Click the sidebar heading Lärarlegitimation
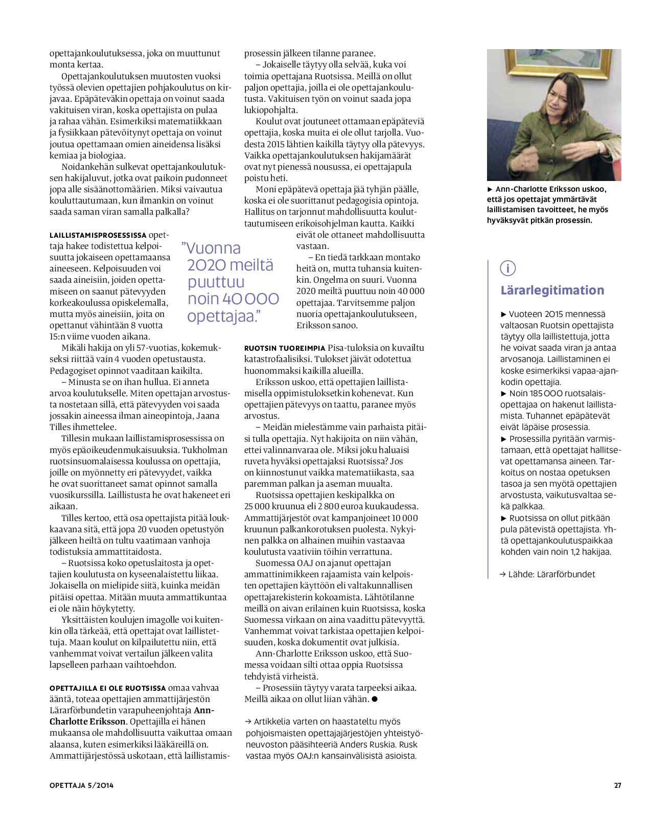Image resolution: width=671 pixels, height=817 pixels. tap(552, 290)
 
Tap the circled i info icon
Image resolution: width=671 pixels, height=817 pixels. tap(508, 268)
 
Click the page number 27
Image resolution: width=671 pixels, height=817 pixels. tap(617, 785)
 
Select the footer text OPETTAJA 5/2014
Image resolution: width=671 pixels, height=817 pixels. tap(81, 785)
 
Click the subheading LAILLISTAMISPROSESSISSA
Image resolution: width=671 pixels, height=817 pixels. tap(98, 236)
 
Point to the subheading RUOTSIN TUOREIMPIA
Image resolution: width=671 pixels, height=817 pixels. tap(284, 348)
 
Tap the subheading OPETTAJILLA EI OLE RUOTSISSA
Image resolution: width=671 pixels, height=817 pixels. tap(107, 688)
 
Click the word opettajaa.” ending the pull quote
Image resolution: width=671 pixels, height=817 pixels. tap(221, 316)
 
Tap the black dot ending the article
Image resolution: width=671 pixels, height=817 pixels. tap(375, 699)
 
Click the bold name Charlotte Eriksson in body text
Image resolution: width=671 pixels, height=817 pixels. tap(87, 721)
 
